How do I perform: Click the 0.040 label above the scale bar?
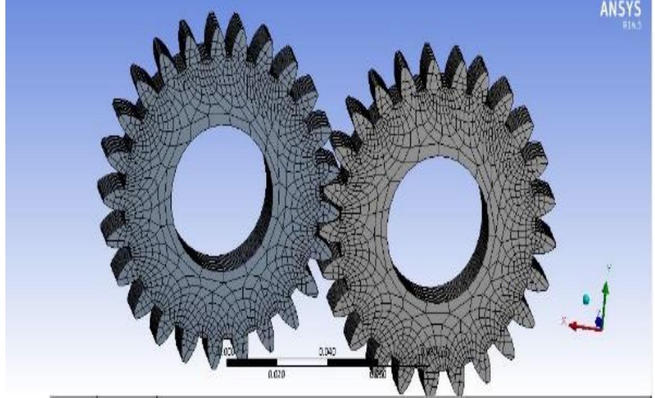point(327,352)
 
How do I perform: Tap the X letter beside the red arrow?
point(564,320)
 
